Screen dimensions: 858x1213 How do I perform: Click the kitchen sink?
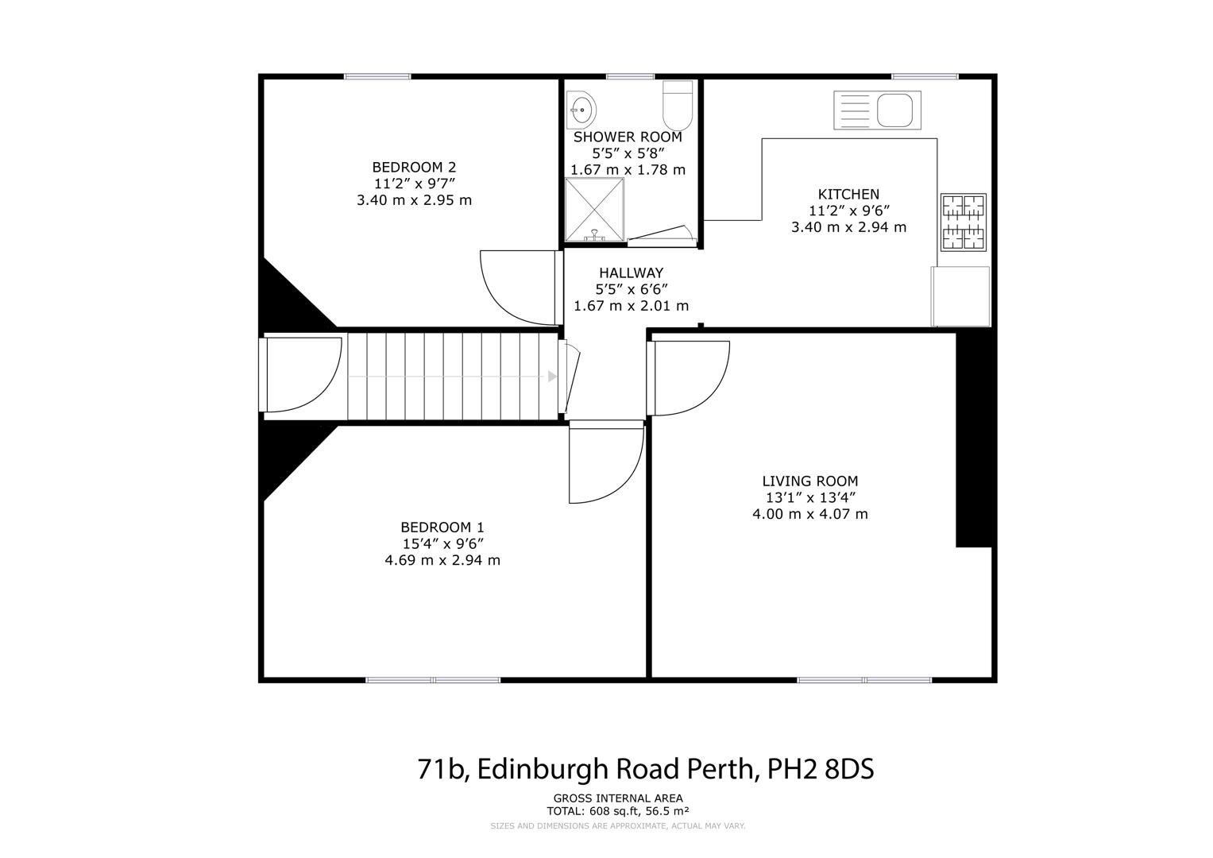877,110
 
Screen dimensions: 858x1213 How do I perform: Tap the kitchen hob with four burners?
964,222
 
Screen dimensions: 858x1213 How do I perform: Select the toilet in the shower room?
678,106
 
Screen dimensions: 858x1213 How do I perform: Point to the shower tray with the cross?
594,209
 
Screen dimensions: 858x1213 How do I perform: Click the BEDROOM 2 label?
414,168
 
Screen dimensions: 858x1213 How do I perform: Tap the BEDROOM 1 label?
442,528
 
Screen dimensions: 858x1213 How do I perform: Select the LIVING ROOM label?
809,481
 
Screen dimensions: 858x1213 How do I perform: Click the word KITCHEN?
848,195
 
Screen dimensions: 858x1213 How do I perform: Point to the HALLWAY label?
631,273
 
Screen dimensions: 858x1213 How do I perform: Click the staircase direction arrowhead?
552,377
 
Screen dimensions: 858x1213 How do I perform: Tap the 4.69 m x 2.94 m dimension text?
442,560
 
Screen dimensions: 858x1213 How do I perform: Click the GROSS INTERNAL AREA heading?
617,798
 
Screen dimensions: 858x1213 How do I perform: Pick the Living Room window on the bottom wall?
864,680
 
